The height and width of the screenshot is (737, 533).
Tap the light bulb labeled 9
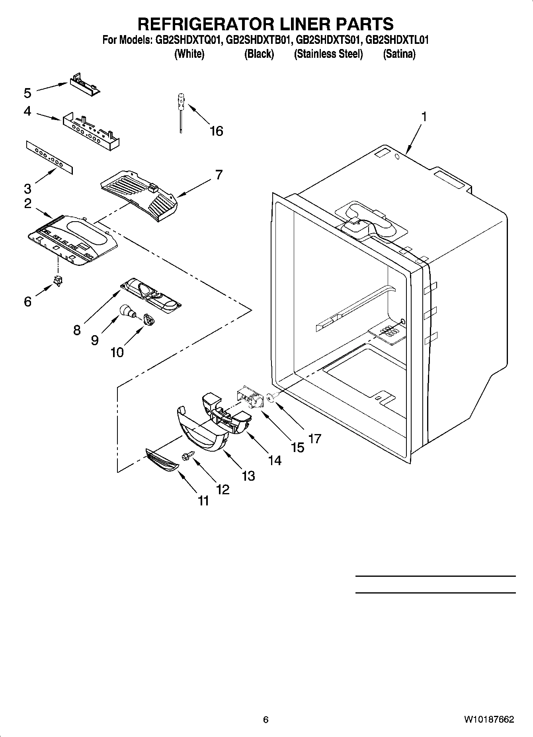pos(127,311)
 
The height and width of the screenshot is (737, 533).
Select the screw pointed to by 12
pos(187,456)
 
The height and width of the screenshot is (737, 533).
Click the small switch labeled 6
pos(59,281)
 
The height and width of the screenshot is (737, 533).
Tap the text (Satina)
pos(399,54)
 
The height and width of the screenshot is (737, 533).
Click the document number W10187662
pos(488,719)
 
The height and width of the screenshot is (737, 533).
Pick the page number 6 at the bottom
pos(266,719)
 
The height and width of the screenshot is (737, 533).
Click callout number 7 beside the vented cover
pos(219,175)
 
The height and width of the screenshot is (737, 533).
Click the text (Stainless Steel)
pos(328,54)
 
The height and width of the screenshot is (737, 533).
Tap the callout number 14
pos(274,460)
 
